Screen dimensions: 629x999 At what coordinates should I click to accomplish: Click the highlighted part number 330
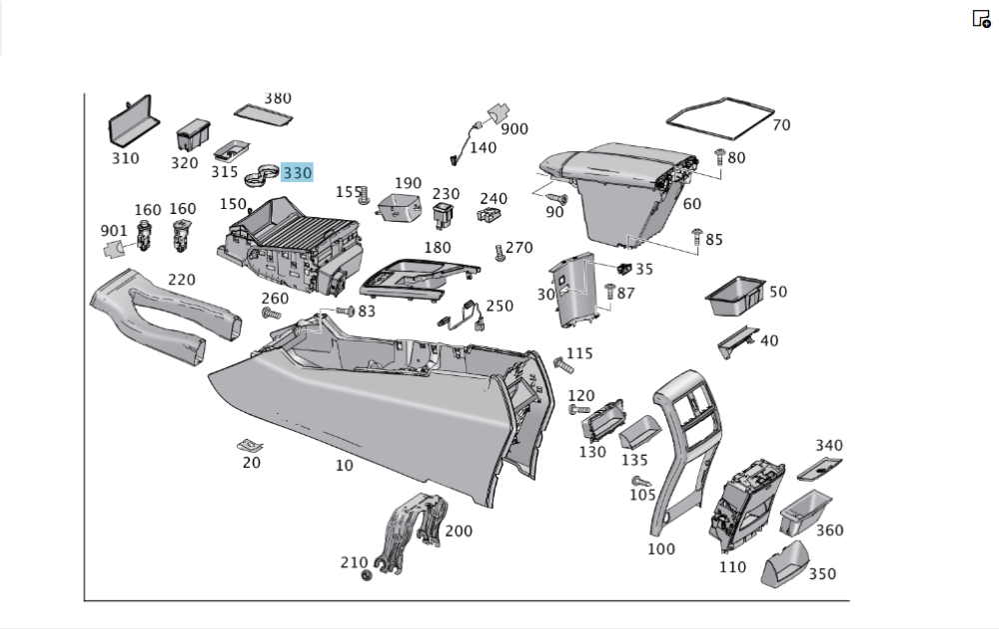[298, 173]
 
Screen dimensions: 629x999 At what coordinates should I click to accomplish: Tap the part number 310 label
[125, 158]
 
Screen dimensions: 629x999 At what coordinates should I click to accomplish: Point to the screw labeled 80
[719, 153]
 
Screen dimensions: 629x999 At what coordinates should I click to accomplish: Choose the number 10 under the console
[344, 465]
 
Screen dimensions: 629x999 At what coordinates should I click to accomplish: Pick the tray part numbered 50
[734, 294]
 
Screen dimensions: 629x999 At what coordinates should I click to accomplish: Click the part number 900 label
[514, 129]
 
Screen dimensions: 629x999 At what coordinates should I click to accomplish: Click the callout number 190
[408, 183]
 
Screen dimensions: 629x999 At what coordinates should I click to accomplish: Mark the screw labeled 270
[500, 253]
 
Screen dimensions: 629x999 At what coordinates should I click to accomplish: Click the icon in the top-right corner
[981, 18]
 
